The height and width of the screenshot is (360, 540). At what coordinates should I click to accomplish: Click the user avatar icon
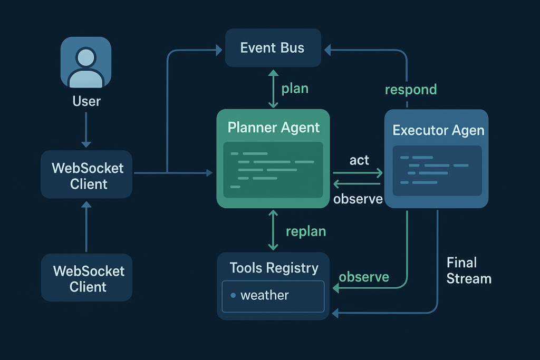(86, 63)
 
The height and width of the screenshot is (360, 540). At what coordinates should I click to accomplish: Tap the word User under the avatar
(86, 101)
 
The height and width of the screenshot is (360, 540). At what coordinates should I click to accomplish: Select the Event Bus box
(273, 48)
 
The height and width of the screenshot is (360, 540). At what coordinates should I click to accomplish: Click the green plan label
(294, 88)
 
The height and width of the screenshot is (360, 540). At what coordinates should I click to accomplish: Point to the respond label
(411, 90)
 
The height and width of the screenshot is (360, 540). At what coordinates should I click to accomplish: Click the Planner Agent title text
(274, 128)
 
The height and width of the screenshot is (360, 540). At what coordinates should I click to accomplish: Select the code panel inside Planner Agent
(273, 169)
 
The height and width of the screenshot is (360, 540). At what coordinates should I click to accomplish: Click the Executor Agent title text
(438, 130)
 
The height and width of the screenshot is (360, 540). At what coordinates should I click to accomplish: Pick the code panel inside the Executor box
(437, 170)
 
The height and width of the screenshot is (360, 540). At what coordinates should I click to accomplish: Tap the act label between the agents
(359, 160)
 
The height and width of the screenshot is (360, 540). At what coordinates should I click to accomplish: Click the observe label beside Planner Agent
(358, 199)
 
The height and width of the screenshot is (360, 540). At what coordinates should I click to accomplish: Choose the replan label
(305, 231)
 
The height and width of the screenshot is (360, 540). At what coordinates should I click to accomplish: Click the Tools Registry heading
(274, 268)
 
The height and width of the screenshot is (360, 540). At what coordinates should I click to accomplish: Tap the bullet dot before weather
(233, 295)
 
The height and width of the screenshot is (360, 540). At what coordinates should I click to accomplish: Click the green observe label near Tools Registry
(363, 277)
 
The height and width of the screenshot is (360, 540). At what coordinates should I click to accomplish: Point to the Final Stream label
(468, 270)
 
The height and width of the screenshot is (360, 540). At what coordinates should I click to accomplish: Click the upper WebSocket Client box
(86, 176)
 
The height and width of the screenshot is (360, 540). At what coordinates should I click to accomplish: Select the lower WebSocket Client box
(87, 279)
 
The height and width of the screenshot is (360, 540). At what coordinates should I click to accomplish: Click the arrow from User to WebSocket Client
(86, 130)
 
